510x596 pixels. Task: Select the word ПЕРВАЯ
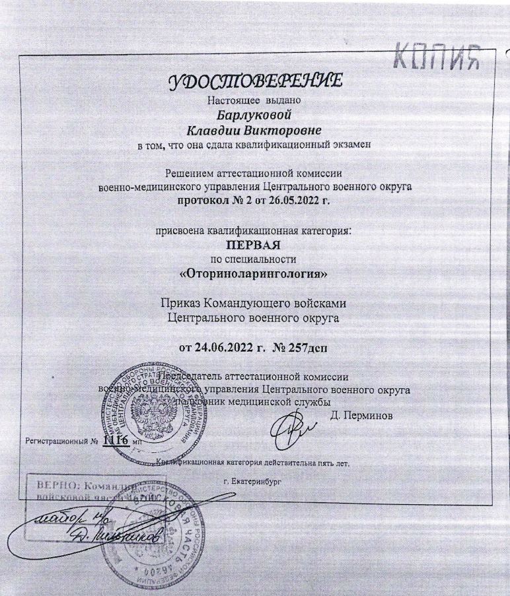coord(254,244)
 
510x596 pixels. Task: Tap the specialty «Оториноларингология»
coord(254,271)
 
